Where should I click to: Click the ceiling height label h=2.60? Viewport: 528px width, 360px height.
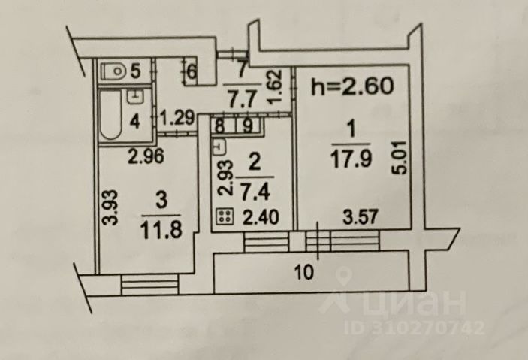click(x=352, y=86)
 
